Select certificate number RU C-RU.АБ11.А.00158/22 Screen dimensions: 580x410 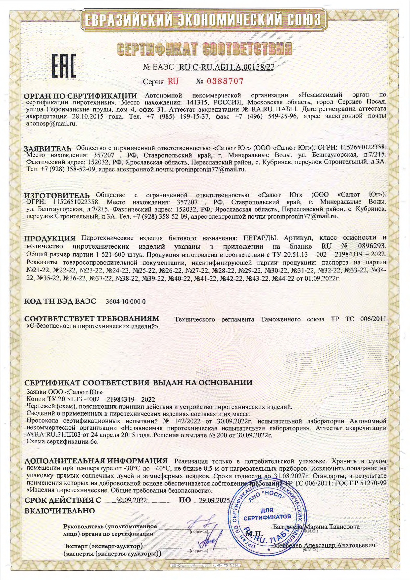pyautogui.click(x=226, y=67)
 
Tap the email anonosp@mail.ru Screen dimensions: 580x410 pyautogui.click(x=51, y=124)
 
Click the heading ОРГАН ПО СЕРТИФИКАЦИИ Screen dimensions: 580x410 pyautogui.click(x=81, y=96)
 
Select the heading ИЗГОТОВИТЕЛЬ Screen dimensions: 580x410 pyautogui.click(x=57, y=195)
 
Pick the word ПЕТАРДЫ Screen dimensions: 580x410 pyautogui.click(x=260, y=238)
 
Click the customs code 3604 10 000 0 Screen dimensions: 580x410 pyautogui.click(x=125, y=302)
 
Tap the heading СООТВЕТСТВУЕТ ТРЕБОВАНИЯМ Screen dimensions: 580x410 pyautogui.click(x=92, y=319)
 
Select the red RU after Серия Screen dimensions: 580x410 pyautogui.click(x=173, y=81)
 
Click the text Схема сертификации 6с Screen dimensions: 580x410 pyautogui.click(x=62, y=441)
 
